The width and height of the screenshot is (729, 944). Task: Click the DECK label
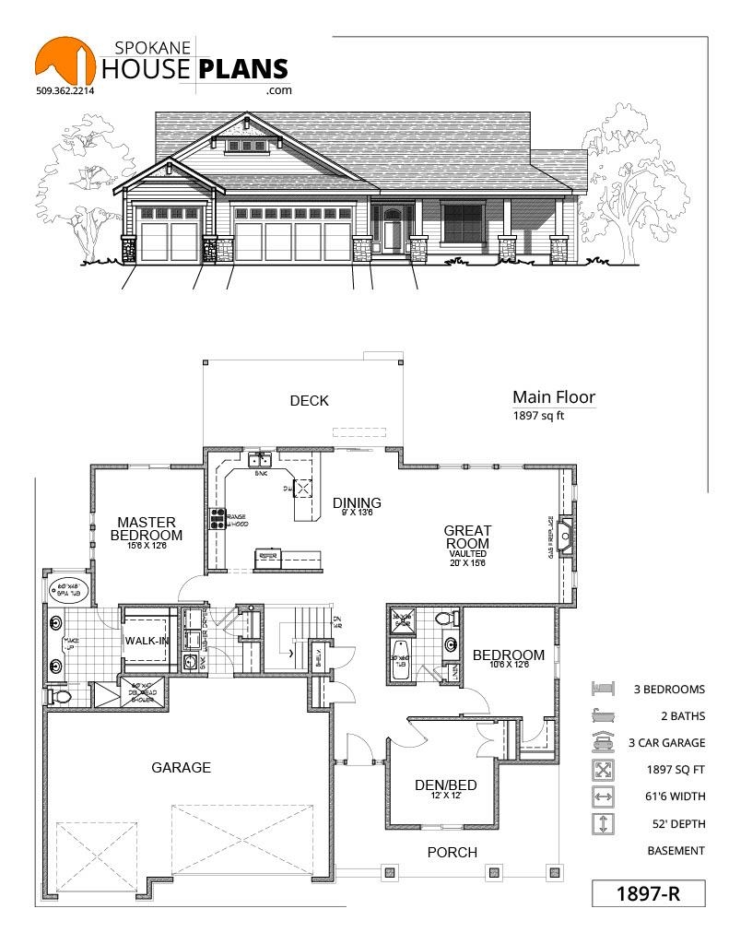point(309,401)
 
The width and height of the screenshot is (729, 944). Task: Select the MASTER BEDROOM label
point(146,529)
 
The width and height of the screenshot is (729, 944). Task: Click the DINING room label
point(357,503)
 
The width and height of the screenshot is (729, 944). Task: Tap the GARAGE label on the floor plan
point(182,767)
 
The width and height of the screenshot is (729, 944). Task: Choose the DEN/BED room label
point(446,785)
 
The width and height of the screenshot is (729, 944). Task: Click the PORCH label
point(453,852)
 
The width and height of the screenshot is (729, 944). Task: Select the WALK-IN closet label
point(148,642)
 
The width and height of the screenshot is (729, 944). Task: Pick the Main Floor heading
point(554,398)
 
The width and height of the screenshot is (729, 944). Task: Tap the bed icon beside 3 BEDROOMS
point(602,689)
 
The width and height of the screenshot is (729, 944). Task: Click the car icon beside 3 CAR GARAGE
point(602,742)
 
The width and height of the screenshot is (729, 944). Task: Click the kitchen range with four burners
point(219,519)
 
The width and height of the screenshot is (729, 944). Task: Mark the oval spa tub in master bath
point(66,590)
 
